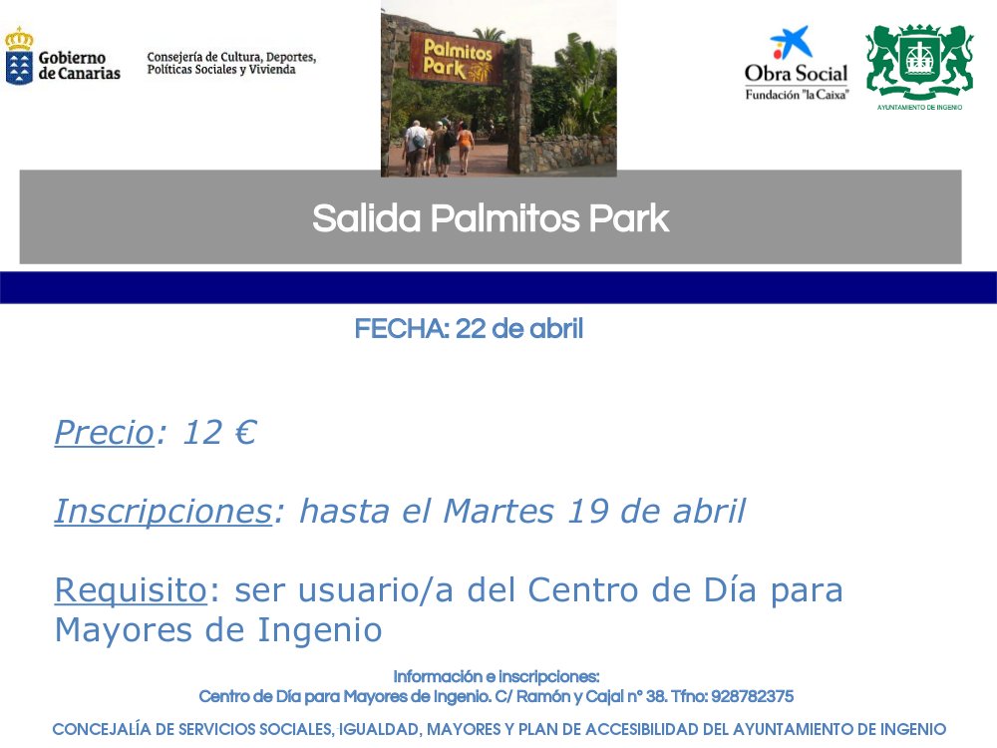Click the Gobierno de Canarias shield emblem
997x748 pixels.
[x=19, y=56]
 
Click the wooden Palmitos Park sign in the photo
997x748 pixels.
[x=457, y=59]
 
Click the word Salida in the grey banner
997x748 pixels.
[x=366, y=218]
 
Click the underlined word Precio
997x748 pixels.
[x=105, y=433]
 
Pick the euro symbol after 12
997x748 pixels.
[x=245, y=432]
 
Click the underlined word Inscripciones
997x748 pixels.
[x=164, y=512]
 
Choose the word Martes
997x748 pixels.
[x=498, y=511]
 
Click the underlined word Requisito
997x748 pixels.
[x=131, y=590]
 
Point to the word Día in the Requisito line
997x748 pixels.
[x=730, y=589]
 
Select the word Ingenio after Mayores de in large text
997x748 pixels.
[x=319, y=630]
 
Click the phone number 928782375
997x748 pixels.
[x=752, y=696]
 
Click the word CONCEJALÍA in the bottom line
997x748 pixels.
[x=103, y=729]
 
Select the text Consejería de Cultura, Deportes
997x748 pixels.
[x=231, y=57]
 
